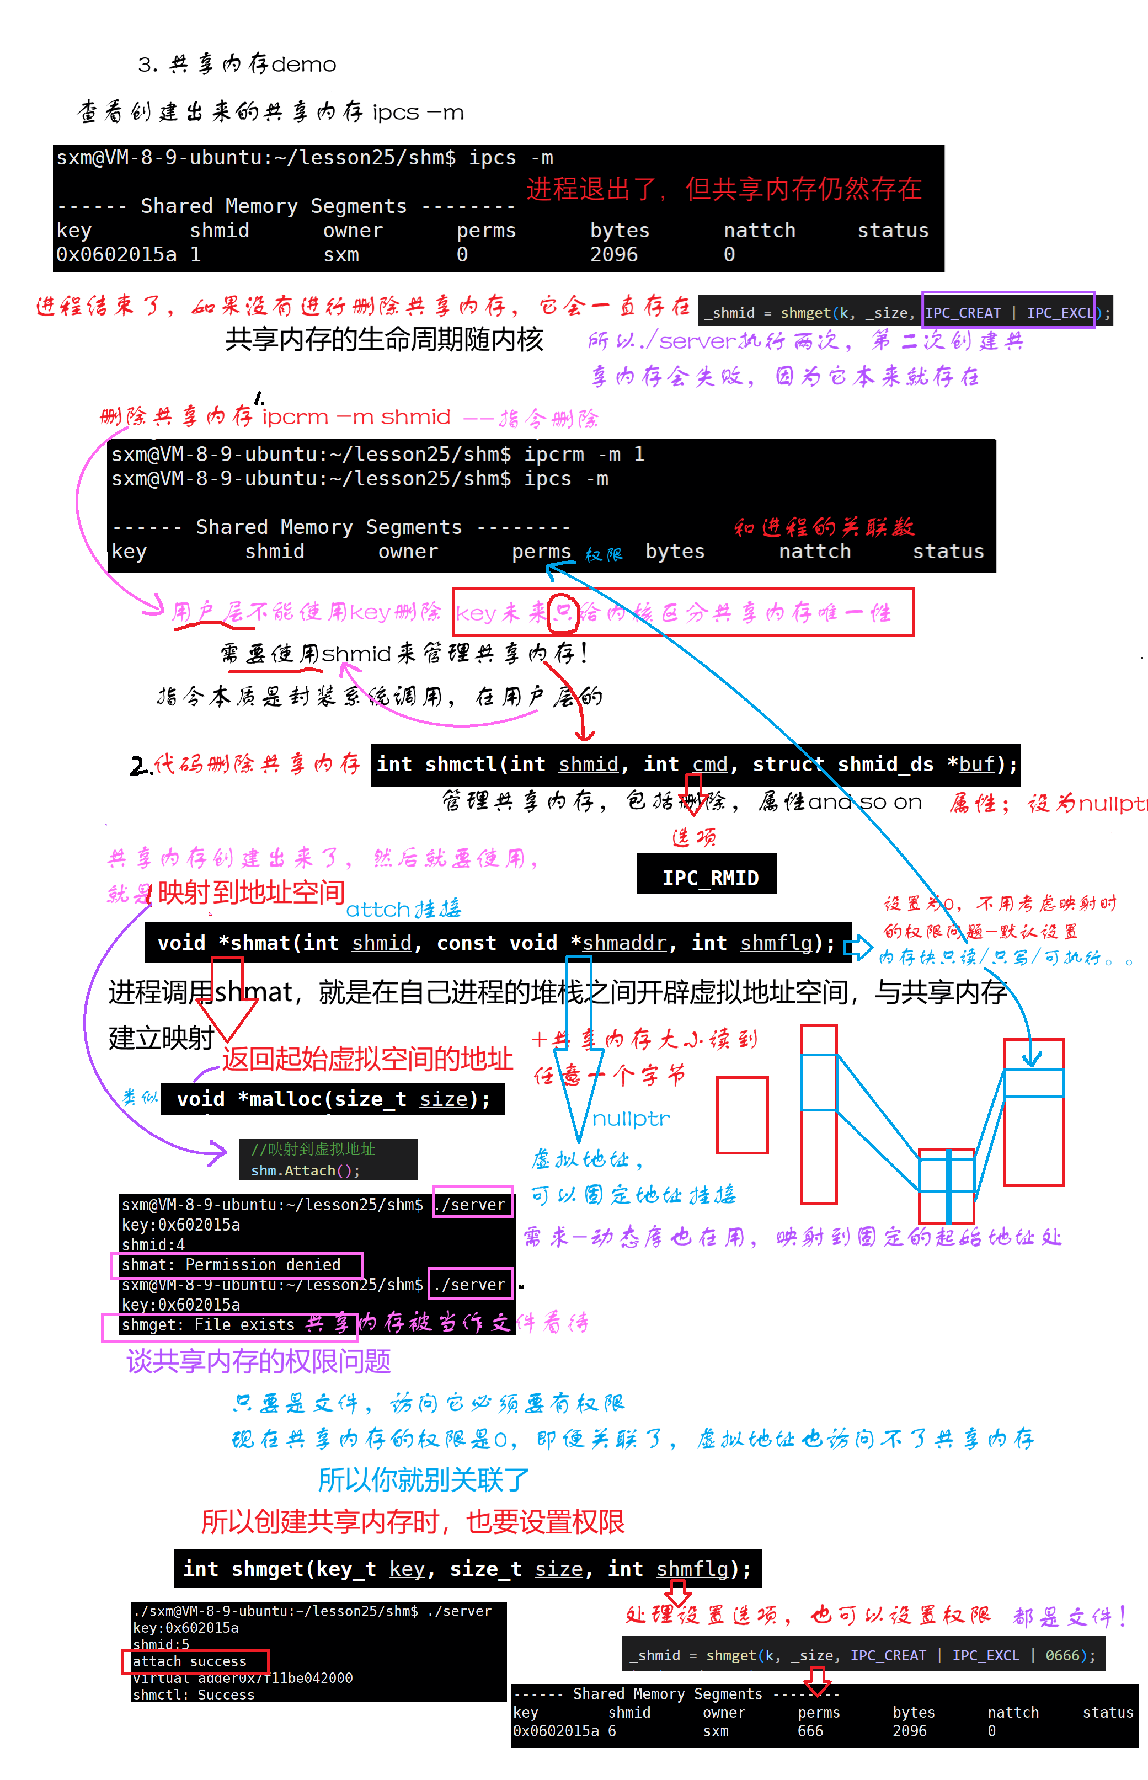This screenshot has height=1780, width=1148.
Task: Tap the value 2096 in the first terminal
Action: (x=613, y=255)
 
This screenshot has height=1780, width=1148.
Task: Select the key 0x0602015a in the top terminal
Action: (x=116, y=255)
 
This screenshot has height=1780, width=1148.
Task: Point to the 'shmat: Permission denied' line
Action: (x=231, y=1264)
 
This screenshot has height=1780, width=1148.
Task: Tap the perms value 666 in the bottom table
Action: (x=810, y=1731)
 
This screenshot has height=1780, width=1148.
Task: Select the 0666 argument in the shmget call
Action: (x=1061, y=1655)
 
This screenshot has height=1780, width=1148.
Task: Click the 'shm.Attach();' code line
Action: (x=305, y=1170)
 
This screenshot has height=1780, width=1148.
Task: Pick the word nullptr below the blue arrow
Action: (x=631, y=1119)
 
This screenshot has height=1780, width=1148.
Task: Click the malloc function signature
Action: (x=333, y=1099)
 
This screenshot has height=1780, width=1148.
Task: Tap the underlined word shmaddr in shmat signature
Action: (x=624, y=943)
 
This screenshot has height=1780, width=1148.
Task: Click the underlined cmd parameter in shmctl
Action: (x=709, y=764)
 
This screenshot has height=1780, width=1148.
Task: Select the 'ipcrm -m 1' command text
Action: (x=584, y=455)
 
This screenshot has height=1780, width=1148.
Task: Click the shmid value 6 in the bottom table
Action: (x=612, y=1731)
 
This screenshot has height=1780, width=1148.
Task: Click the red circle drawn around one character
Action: (x=564, y=613)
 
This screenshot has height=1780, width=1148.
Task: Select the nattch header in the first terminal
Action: (x=760, y=231)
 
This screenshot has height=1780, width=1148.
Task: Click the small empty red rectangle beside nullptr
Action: (x=742, y=1114)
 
